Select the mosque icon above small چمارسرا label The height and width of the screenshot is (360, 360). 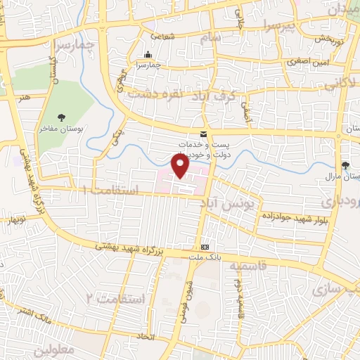(x=148, y=55)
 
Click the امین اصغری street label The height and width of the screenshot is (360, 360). (x=304, y=63)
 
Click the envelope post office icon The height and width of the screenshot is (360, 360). (x=203, y=134)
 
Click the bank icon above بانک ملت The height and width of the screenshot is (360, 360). (x=205, y=247)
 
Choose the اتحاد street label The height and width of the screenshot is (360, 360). (x=146, y=337)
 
